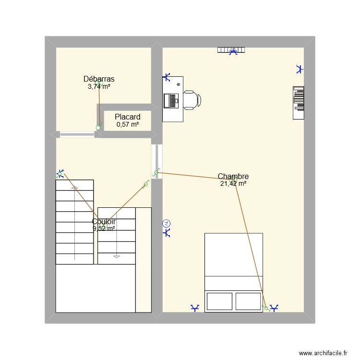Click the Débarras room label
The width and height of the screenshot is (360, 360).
[99, 79]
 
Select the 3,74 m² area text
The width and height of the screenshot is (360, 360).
[99, 87]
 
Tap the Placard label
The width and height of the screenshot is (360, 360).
[128, 117]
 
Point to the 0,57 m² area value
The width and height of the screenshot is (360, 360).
[128, 125]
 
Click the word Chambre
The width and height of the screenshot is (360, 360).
[233, 177]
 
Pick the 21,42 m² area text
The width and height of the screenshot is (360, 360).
[233, 183]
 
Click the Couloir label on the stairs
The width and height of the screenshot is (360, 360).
[104, 222]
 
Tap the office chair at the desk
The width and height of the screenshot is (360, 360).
[192, 100]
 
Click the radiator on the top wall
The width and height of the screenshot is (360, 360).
[231, 49]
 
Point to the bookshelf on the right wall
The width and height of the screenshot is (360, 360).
[299, 102]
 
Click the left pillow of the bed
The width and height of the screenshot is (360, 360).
[220, 301]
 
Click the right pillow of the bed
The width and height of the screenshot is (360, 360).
[248, 301]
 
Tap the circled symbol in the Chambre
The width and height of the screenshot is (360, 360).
[167, 223]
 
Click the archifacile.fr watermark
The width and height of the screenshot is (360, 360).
[323, 353]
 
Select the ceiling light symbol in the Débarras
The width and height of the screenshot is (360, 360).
[99, 85]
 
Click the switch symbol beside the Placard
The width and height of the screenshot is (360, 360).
[98, 128]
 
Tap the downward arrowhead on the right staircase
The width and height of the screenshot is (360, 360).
[116, 256]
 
